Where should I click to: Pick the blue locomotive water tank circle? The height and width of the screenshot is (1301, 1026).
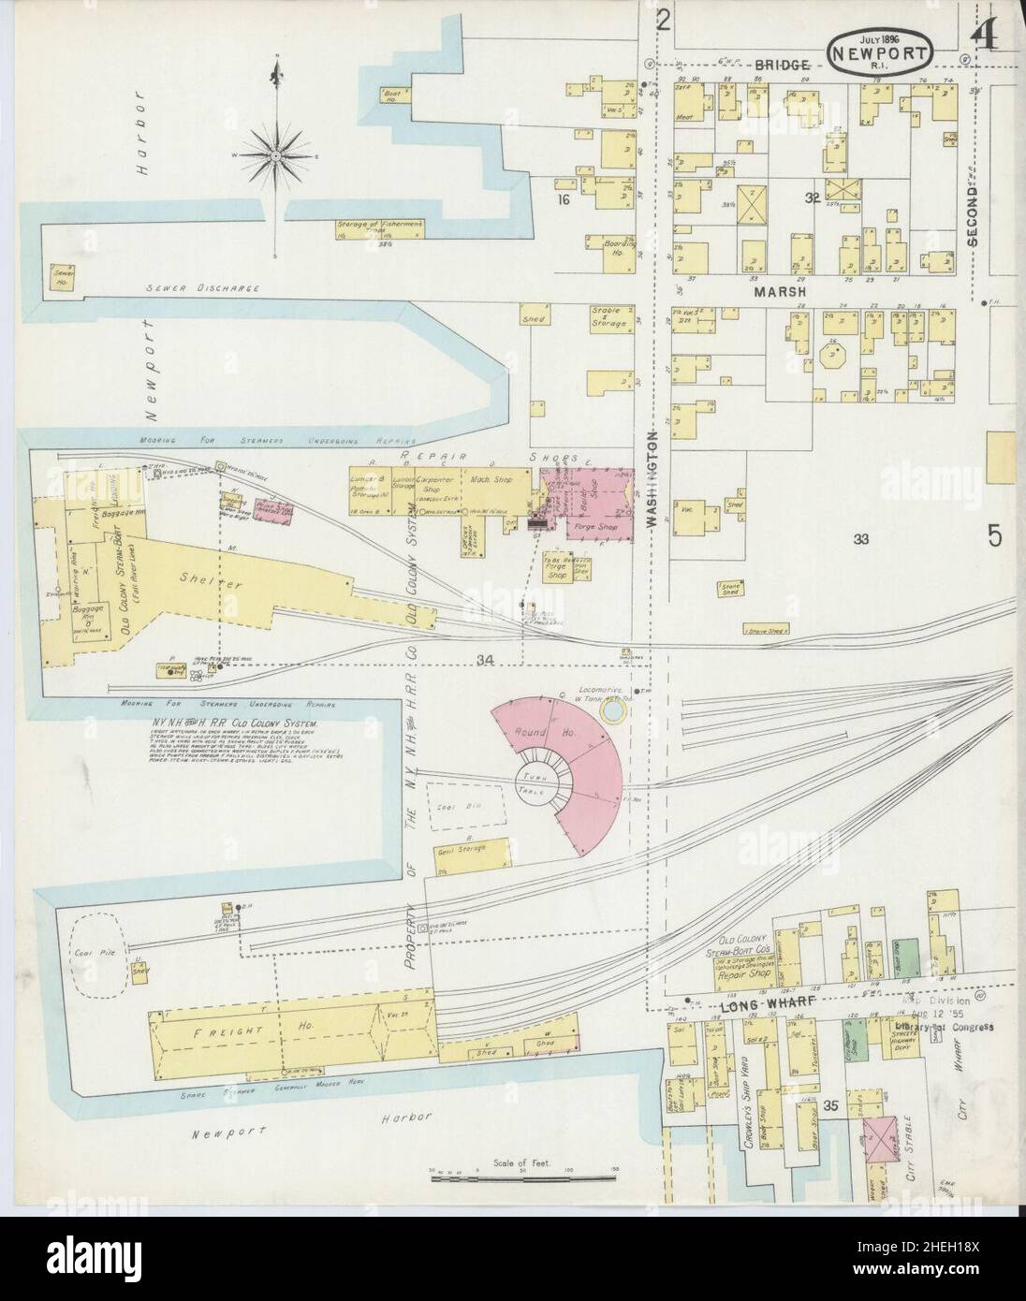613,714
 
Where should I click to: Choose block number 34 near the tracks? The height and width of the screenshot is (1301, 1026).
484,661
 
